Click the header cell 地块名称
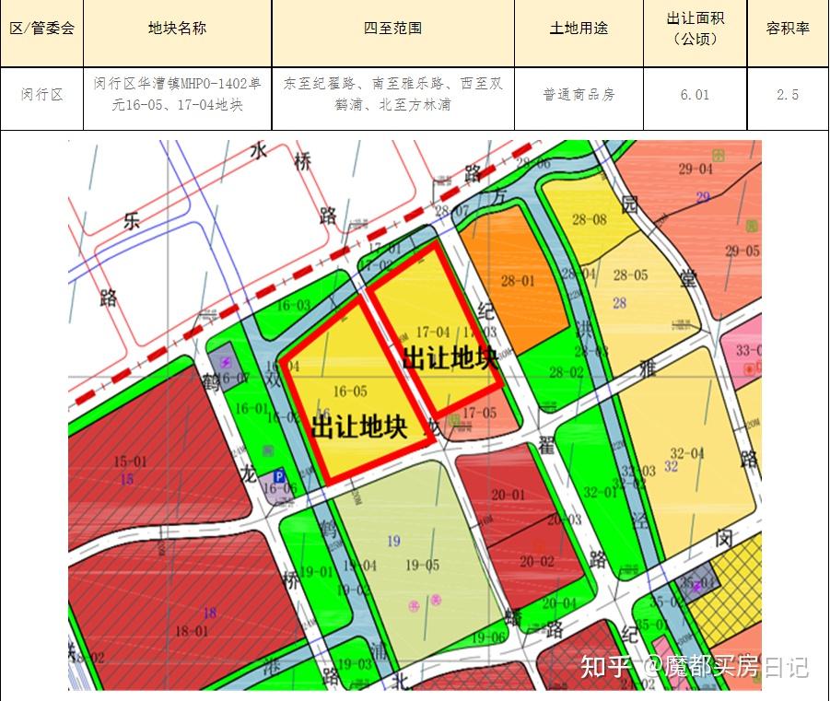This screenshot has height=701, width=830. pos(177,28)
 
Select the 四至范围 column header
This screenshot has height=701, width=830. pos(392,28)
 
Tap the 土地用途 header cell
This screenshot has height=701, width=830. pos(579,28)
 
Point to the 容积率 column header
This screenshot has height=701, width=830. pos(788,28)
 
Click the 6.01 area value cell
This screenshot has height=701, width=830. pos(695,94)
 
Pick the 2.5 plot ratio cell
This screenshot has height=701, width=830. pos(788,94)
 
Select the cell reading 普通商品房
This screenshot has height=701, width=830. pos(579,94)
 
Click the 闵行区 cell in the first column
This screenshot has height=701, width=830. pos(42,94)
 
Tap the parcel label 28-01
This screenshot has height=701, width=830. pos(518,281)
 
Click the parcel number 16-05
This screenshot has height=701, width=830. pos(350,391)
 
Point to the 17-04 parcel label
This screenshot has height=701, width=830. pos(433,332)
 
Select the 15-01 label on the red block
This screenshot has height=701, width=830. pos(130,461)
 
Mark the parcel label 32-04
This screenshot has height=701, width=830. pos(687,452)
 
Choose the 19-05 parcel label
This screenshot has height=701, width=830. pos(422,566)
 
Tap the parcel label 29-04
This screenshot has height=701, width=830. pos(696,169)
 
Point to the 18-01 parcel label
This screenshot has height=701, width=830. pos(192,631)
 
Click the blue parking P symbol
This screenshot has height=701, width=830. pos(277,477)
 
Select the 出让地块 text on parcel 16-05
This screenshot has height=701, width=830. pos(359,426)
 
